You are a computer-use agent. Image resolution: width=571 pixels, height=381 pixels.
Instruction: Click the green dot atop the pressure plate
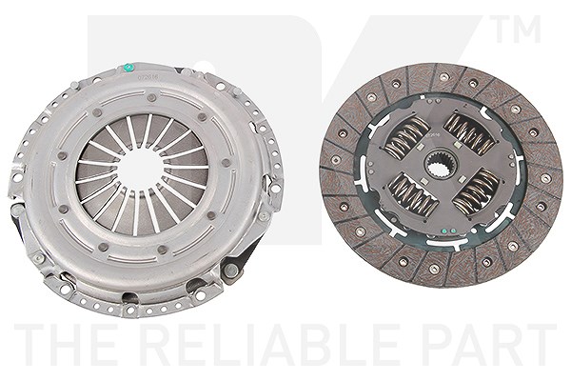coord(128,68)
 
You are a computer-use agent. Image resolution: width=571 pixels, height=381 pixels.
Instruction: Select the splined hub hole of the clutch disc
coord(441,165)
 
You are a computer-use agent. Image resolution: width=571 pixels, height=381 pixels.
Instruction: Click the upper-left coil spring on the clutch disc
coord(405,138)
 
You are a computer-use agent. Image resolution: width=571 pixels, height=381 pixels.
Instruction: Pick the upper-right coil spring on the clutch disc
coord(469,134)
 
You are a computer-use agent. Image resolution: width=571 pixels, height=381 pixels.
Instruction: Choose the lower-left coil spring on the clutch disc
coord(413,194)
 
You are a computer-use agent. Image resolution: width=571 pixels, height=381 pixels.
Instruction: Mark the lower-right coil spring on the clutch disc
coord(476,191)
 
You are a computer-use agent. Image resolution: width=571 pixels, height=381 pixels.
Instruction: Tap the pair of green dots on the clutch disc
coord(448,231)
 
